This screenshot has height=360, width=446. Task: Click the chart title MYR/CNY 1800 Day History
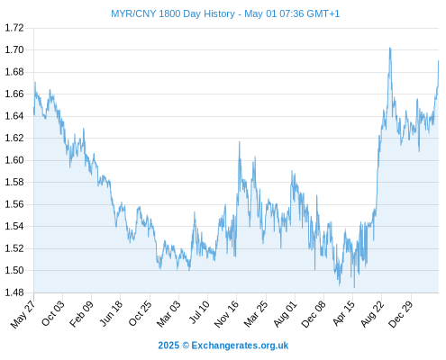click(173, 13)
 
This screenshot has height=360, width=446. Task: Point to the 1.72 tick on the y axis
click(14, 28)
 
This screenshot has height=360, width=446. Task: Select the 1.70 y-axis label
click(14, 49)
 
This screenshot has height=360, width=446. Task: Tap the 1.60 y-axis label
click(14, 160)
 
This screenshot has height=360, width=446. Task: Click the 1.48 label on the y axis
click(14, 292)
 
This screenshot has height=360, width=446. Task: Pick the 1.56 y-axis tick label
click(14, 204)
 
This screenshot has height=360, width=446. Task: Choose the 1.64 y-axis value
click(14, 116)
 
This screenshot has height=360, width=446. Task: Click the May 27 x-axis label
click(23, 314)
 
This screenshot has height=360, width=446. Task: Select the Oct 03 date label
click(53, 313)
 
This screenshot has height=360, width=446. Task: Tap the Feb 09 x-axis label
click(81, 313)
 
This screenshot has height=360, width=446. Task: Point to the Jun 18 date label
click(111, 313)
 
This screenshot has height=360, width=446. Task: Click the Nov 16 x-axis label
click(227, 314)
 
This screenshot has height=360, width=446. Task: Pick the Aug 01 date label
click(285, 314)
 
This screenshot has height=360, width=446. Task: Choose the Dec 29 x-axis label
click(401, 314)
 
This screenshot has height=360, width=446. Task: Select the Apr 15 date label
click(343, 313)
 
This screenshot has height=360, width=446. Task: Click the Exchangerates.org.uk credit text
click(240, 346)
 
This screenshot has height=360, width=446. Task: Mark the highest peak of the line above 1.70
click(390, 48)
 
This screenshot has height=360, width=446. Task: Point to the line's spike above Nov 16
click(240, 142)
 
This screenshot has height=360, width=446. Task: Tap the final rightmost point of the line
click(439, 61)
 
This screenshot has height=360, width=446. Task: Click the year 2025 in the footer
click(168, 346)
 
